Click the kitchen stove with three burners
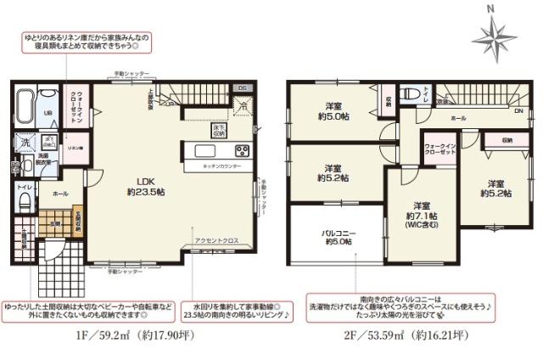(x=241, y=152)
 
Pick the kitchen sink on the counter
(x=207, y=151)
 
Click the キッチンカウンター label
(x=221, y=167)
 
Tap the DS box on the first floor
(x=241, y=87)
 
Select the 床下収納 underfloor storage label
(x=218, y=131)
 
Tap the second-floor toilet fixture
(x=411, y=93)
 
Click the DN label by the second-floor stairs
(x=518, y=110)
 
